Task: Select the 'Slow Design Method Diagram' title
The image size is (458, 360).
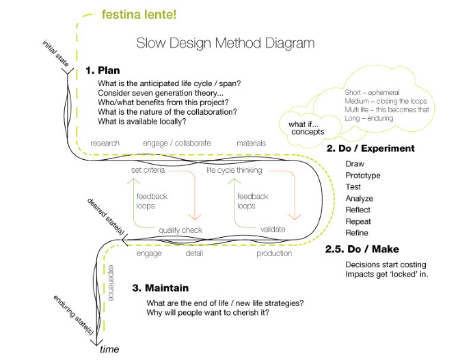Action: click(x=225, y=43)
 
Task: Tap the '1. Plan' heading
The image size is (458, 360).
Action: click(x=103, y=70)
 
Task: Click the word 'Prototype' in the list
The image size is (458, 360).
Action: click(x=364, y=176)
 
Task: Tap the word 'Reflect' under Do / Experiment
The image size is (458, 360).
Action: click(x=360, y=210)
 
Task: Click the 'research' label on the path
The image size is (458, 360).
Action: click(x=105, y=143)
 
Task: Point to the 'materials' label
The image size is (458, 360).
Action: click(x=251, y=143)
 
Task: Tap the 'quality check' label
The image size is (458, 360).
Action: click(x=180, y=230)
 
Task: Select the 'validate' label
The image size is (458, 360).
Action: click(x=273, y=230)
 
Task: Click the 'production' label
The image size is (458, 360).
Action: click(x=274, y=253)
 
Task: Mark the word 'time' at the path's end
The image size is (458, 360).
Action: click(x=109, y=349)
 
